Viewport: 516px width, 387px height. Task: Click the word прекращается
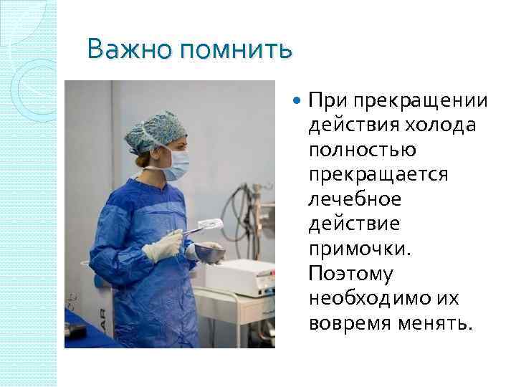(x=378, y=175)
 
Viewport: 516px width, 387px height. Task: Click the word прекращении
(x=419, y=100)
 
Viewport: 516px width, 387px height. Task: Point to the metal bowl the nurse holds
(x=209, y=252)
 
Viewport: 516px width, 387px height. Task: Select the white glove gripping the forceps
(x=163, y=246)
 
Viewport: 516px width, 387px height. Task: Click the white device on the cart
(x=247, y=276)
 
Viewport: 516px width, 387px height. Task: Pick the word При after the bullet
(x=323, y=100)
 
